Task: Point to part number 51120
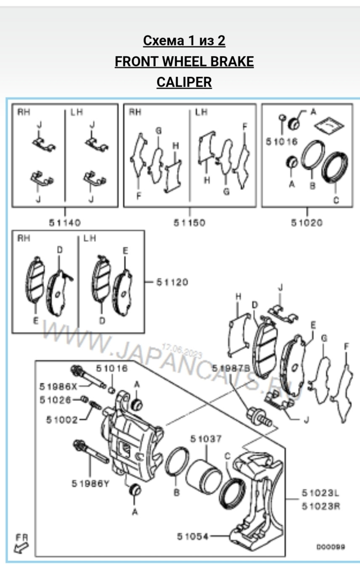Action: [172, 282]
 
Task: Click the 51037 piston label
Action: [206, 439]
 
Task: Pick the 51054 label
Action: [193, 536]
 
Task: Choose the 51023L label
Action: [320, 493]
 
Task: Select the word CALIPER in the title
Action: [184, 82]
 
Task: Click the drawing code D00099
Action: [331, 547]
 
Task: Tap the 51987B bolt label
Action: [231, 368]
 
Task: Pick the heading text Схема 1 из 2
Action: [184, 41]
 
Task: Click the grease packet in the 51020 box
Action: [329, 124]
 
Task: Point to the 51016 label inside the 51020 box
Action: [281, 142]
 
